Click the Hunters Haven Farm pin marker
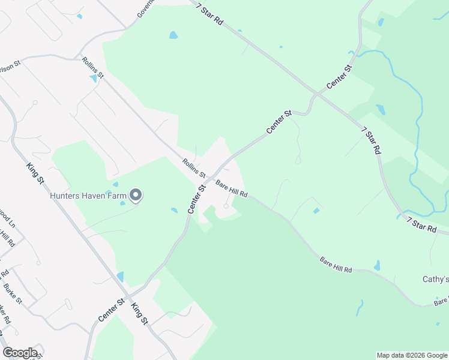coord(136,195)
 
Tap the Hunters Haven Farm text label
coord(88,195)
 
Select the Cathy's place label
coord(436,280)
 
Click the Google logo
coord(20,353)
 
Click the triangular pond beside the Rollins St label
coord(93,78)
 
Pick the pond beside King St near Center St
coord(120,277)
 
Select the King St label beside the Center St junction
coord(139,312)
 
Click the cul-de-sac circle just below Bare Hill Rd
coord(226,206)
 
